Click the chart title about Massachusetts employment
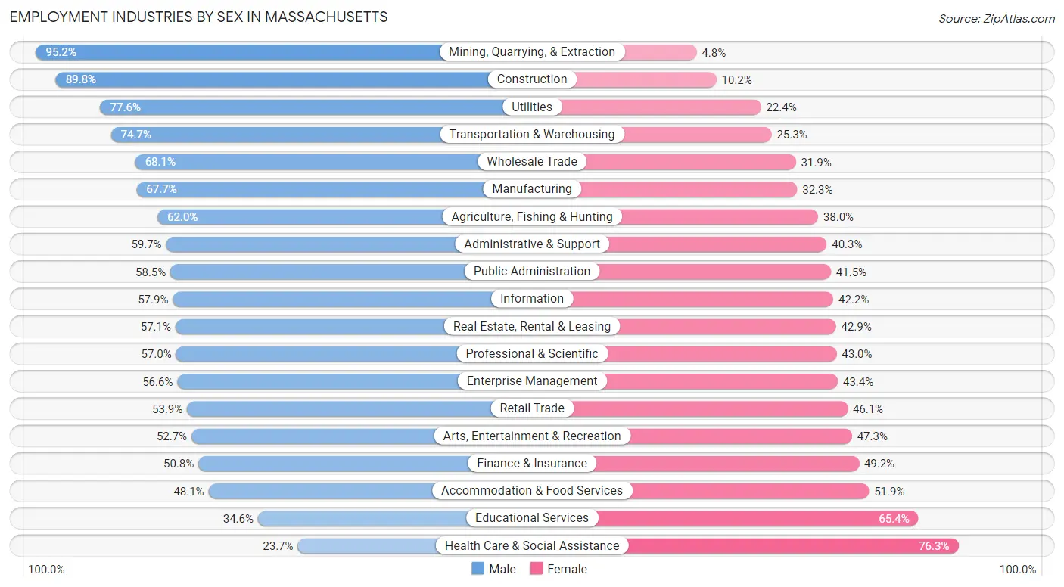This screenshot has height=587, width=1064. [x=198, y=17]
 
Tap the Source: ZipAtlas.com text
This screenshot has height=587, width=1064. [x=996, y=18]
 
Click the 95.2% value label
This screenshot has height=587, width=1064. [x=61, y=52]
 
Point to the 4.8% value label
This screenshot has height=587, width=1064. [x=714, y=52]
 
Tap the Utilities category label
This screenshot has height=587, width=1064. [x=532, y=107]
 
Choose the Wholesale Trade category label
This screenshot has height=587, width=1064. [x=532, y=161]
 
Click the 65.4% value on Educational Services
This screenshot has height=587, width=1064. [x=895, y=518]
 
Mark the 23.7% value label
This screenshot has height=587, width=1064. [x=278, y=545]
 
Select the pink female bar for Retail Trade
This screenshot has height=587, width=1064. [x=711, y=408]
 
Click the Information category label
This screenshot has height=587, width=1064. [x=532, y=298]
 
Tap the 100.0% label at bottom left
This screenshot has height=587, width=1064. [x=46, y=570]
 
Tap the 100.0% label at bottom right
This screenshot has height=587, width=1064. [x=1018, y=570]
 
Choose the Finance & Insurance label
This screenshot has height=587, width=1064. [x=532, y=463]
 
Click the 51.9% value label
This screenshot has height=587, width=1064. [x=889, y=491]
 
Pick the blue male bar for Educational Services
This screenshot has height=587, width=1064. [x=363, y=518]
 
